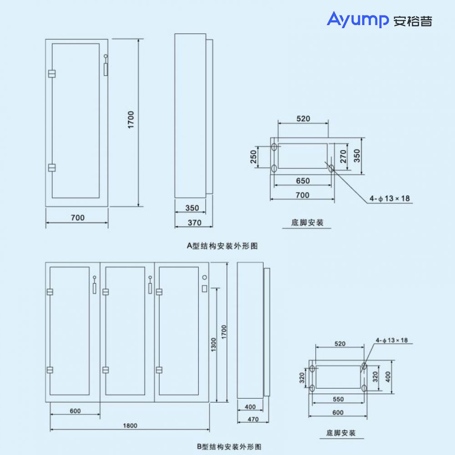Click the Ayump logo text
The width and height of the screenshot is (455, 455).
358,20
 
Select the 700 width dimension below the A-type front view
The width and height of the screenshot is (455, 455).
77,218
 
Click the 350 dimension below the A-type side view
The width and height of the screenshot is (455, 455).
192,208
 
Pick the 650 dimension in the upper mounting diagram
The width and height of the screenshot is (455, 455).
303,181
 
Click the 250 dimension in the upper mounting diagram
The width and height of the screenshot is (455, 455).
253,157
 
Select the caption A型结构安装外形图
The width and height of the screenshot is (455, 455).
222,246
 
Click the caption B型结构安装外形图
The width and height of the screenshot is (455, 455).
229,446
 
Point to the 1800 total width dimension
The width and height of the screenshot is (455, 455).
130,426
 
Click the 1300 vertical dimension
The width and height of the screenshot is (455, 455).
213,346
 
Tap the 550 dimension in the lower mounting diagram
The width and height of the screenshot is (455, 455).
338,399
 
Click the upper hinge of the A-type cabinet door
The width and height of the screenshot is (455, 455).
52,73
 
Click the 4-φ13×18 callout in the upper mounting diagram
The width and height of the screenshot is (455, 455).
389,198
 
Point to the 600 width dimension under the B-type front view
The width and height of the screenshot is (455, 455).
75,411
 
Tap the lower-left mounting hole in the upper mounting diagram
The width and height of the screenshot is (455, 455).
274,168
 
